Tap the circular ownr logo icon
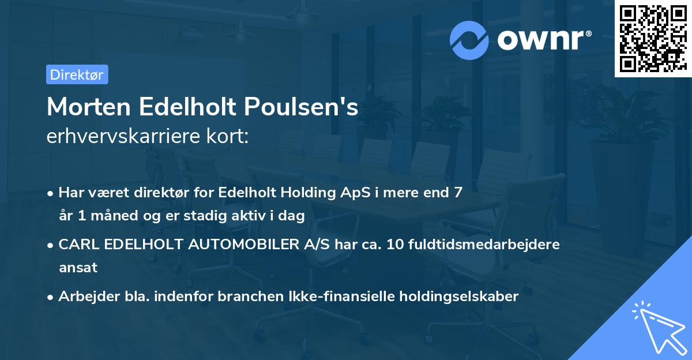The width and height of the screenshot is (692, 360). point(469,39)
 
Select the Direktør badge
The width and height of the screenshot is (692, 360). point(77,74)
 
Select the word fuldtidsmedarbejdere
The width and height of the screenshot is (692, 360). point(483,245)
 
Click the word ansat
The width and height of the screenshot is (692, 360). point(78,268)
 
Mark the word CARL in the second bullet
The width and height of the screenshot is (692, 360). point(74,245)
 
